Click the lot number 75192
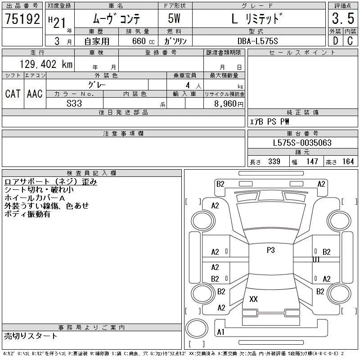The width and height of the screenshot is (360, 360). tap(22, 18)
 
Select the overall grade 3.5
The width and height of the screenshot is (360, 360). tap(343, 18)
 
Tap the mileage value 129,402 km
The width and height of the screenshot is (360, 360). tap(46, 64)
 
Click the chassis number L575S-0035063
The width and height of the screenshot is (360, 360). tap(302, 143)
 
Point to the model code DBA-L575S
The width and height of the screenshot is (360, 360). tap(257, 41)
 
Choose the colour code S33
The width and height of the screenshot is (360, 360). tap(74, 103)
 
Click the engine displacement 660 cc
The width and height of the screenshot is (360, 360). tap(143, 41)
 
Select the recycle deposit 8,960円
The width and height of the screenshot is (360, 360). tap(229, 103)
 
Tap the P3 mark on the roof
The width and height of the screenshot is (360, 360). tap(271, 250)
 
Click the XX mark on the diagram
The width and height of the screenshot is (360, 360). tap(253, 299)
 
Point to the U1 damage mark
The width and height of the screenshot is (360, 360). tap(316, 260)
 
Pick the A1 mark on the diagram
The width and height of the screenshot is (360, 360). tap(220, 332)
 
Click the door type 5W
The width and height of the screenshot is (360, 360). tap(174, 18)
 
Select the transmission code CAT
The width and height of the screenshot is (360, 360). tap(13, 94)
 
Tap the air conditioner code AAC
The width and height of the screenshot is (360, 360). tap(35, 94)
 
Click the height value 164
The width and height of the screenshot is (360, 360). tap(348, 162)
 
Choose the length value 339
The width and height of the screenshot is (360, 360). tap(274, 162)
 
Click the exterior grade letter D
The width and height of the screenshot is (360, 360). tap(335, 41)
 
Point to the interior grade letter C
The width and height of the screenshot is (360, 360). tap(350, 41)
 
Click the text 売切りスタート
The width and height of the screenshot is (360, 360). tap(31, 336)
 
